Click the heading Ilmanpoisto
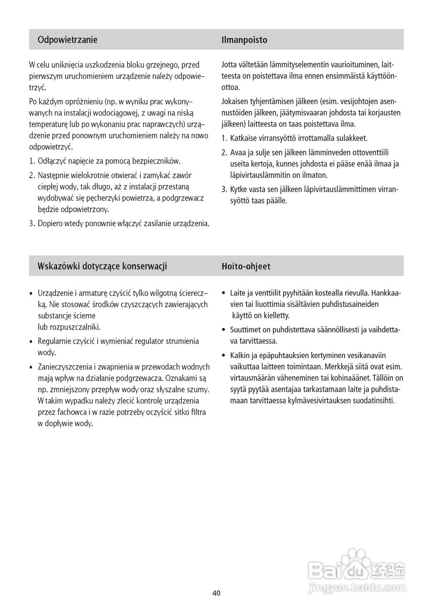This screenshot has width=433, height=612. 244,40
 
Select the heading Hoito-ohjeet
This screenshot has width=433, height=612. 246,266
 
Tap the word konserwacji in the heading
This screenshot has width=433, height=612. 145,266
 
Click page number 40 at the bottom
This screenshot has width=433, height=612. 216,593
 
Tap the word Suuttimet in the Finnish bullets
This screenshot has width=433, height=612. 245,329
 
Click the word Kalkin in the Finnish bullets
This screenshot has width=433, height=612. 241,355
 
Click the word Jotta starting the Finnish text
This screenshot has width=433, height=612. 230,65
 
